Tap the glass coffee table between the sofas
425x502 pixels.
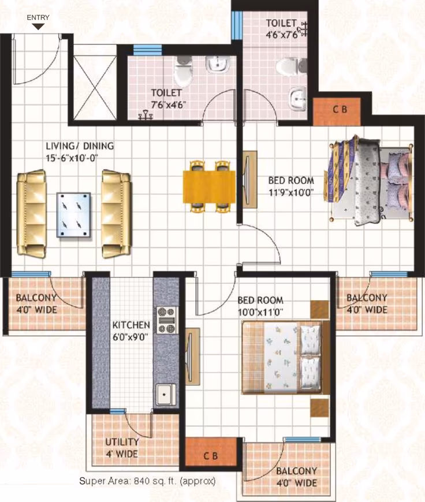pos(73,215)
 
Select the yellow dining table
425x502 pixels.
pos(209,187)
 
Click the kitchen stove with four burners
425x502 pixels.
pos(166,320)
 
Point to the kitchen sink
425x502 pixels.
pos(166,395)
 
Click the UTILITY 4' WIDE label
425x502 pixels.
pos(122,448)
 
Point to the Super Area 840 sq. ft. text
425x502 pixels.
pos(147,481)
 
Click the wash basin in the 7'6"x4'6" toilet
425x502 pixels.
pos(218,65)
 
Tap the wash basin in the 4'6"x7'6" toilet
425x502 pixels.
pos(297,98)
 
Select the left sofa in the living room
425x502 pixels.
pos(31,213)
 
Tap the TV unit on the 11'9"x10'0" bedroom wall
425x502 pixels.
pos(249,179)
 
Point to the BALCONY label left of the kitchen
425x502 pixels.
pos(36,304)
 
